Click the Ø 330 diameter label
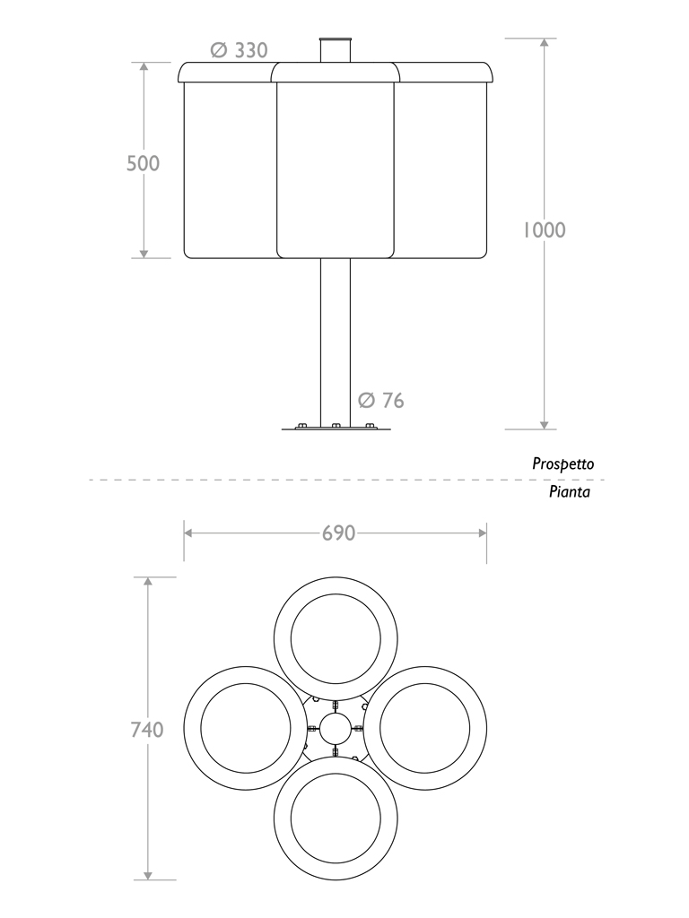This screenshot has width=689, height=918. (240, 51)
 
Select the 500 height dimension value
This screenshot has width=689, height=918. (143, 163)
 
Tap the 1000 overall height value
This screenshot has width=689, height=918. (544, 229)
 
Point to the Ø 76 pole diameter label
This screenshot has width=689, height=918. (380, 400)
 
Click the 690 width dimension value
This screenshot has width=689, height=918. (338, 533)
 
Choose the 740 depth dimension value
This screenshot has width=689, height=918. (147, 730)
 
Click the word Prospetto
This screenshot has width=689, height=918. (563, 464)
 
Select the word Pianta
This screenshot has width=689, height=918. (570, 492)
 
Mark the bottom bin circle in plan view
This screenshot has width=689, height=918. (336, 818)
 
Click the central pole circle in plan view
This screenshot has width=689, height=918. (336, 729)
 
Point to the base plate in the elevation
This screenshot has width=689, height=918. (336, 428)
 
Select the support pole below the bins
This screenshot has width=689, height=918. (336, 341)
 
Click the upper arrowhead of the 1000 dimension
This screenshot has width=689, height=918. (543, 43)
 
